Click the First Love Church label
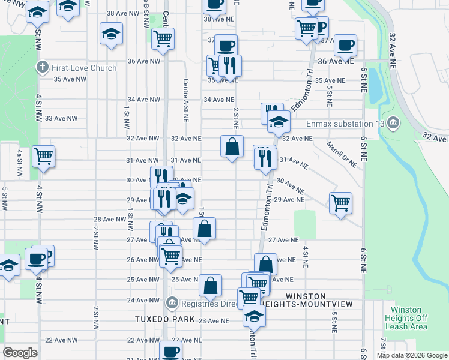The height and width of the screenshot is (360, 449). (84, 68)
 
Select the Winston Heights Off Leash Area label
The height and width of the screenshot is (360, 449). (405, 319)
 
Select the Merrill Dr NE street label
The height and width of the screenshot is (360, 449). (343, 154)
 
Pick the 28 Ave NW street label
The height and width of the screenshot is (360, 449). (110, 220)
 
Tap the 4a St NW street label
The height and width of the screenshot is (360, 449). (20, 164)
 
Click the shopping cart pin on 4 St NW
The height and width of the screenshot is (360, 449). (44, 156)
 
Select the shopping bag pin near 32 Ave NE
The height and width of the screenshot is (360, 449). (232, 146)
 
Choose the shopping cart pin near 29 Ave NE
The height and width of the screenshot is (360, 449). (340, 203)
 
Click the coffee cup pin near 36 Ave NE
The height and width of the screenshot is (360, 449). (345, 45)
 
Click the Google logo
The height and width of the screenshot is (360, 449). (20, 353)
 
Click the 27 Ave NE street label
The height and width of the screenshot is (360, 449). (283, 240)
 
